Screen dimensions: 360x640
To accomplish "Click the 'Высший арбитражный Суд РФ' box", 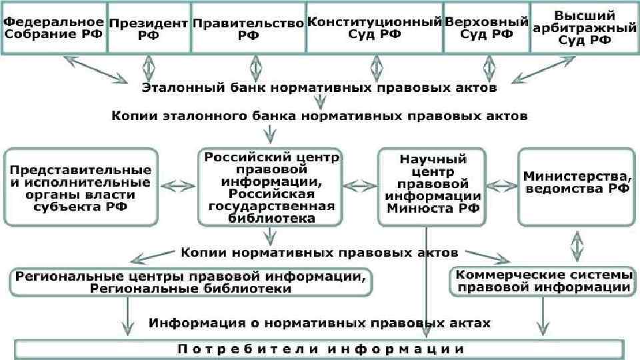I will [x=584, y=27].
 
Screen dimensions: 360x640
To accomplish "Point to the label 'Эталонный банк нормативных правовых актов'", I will [x=319, y=87].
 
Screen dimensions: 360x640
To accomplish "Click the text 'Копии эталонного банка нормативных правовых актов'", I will [x=319, y=115].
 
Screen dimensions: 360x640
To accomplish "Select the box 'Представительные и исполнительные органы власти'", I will [x=80, y=186].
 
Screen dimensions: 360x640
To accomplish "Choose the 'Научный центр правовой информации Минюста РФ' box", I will [x=432, y=187].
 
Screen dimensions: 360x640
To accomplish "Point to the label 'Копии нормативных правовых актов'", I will [x=319, y=253].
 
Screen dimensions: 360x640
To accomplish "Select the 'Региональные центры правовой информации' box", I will [x=191, y=282].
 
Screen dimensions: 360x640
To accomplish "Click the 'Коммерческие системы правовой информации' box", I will [x=541, y=281].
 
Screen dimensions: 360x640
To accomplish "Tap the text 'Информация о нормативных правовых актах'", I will [x=319, y=323].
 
